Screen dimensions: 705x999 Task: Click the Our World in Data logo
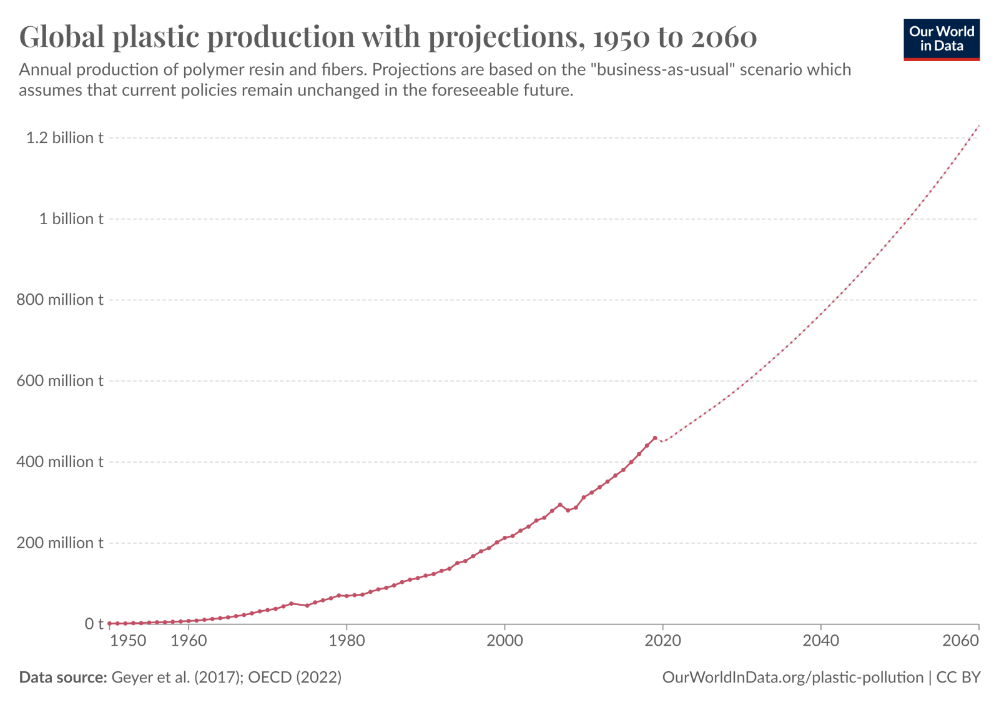point(941,40)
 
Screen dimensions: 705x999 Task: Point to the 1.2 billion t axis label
point(64,137)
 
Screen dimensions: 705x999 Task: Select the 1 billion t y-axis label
point(71,219)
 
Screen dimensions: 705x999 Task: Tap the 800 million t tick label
point(59,300)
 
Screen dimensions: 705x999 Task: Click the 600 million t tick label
point(59,381)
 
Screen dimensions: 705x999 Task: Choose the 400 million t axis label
point(59,461)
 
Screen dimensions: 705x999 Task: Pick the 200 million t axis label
point(59,543)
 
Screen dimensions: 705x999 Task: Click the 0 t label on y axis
point(94,624)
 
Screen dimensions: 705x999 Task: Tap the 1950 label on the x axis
point(129,641)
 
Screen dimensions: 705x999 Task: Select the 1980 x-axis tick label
point(347,641)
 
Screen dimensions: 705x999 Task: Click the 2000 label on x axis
point(504,641)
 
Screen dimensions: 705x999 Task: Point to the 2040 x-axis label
point(820,641)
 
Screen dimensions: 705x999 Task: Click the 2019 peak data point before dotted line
point(654,438)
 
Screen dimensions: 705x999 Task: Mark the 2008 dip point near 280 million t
point(568,510)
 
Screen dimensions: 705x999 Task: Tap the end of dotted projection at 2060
point(978,126)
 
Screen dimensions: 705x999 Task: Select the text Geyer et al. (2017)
point(177,677)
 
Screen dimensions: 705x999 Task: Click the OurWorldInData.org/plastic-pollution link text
point(792,677)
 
